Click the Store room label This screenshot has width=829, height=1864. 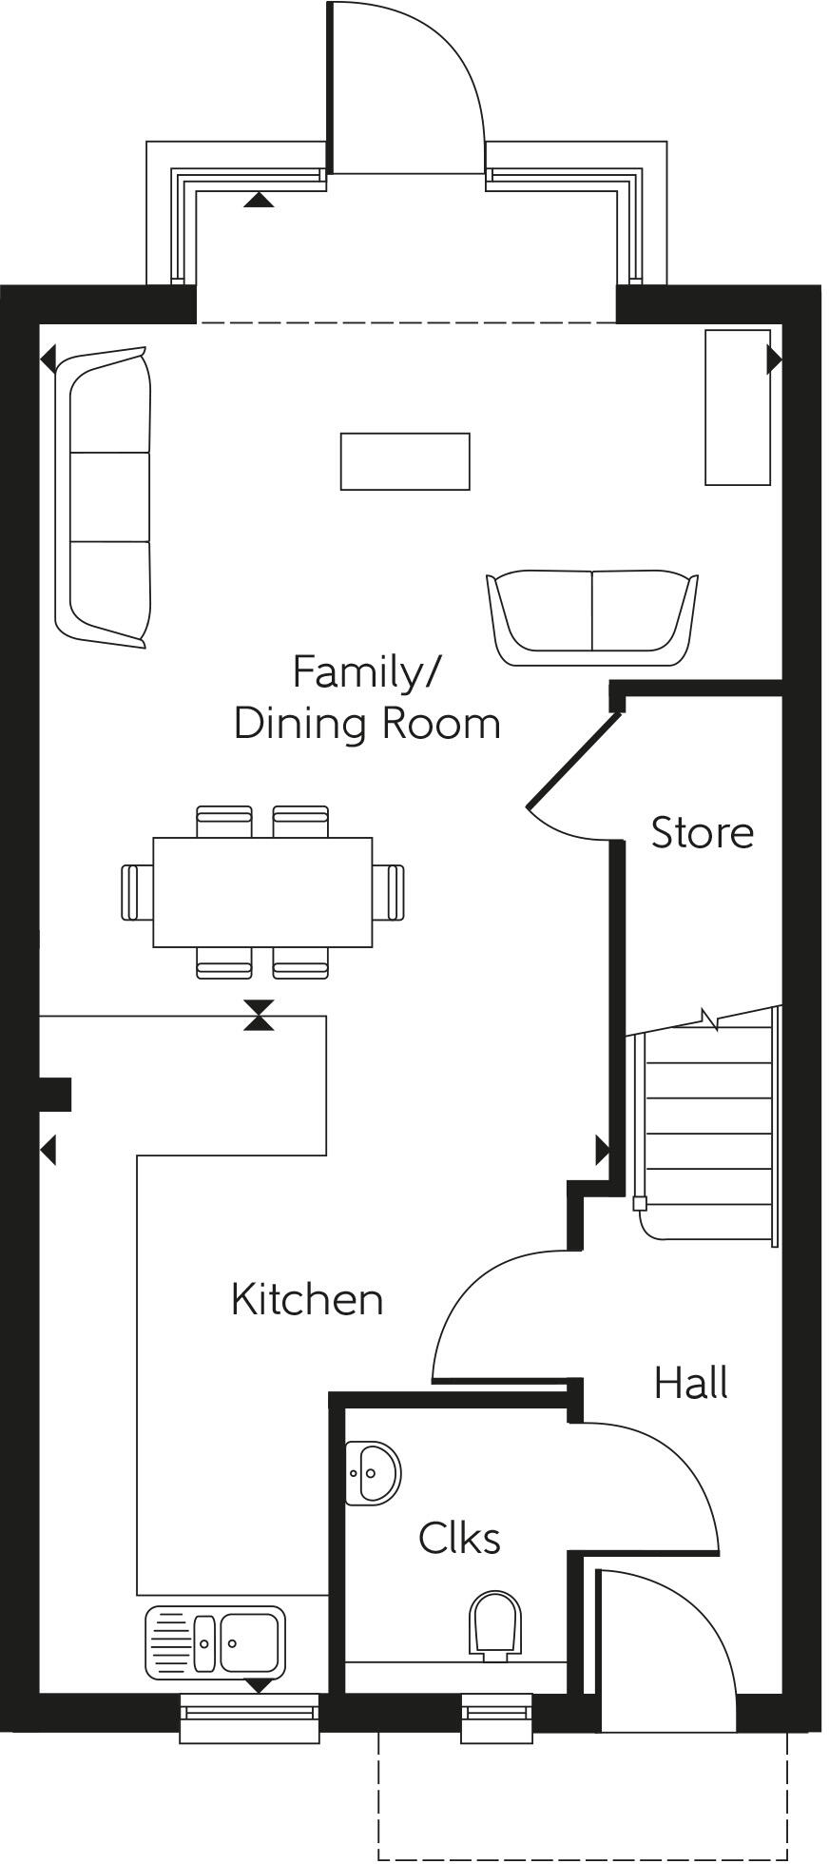(702, 832)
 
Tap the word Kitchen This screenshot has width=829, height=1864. (307, 1299)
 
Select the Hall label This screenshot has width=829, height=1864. (690, 1383)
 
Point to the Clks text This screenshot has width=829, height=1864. (459, 1538)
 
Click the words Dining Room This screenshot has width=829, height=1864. (367, 723)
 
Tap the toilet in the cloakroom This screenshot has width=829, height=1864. (496, 1625)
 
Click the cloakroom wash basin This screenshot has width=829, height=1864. (372, 1473)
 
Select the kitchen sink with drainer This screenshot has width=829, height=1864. (215, 1642)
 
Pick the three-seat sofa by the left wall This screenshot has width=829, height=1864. (103, 497)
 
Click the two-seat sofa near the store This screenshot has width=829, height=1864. (591, 616)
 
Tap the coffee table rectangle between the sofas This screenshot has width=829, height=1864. (405, 461)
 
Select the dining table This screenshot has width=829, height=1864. (262, 892)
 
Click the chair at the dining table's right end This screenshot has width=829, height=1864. (389, 892)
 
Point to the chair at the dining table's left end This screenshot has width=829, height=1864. (137, 892)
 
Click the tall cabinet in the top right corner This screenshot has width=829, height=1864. (737, 407)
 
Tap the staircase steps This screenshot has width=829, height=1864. (708, 1132)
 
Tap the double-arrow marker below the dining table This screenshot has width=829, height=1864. (258, 1016)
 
